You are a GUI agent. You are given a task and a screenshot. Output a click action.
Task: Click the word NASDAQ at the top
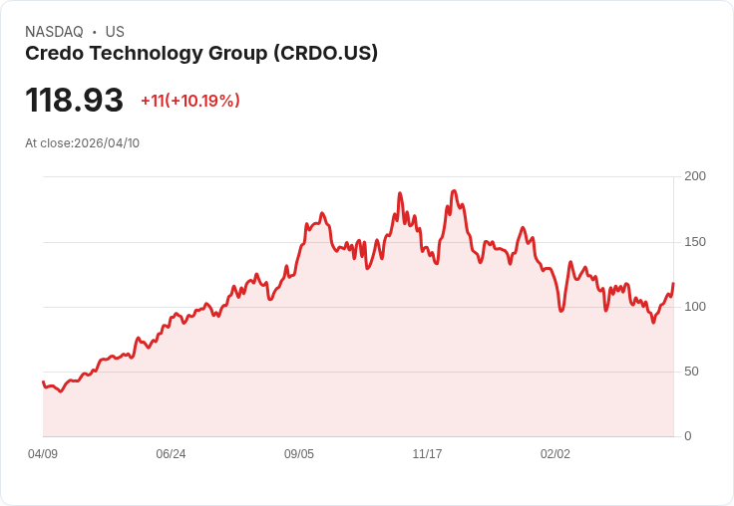[54, 32]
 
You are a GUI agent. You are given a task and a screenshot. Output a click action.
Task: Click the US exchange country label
[115, 32]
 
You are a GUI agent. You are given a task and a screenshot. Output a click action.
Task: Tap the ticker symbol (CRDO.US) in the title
[325, 54]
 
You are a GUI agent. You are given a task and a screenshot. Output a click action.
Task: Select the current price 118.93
[74, 101]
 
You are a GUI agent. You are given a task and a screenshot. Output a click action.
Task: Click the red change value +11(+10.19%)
[189, 101]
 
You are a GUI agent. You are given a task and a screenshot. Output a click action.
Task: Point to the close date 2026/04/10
[107, 143]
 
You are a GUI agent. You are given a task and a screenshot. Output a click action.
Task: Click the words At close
[48, 143]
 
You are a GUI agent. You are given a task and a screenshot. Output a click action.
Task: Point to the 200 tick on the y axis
[695, 176]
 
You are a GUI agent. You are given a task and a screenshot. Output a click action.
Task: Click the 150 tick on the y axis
[695, 242]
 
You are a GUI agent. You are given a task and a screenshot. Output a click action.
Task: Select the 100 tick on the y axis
[695, 307]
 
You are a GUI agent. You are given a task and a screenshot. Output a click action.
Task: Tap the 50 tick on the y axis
[691, 372]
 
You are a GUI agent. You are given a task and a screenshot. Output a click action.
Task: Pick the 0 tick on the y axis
[688, 436]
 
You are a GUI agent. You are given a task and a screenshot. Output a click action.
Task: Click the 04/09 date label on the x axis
[43, 454]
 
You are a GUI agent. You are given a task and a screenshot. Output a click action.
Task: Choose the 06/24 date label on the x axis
[171, 454]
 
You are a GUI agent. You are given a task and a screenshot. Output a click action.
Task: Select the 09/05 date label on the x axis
[299, 454]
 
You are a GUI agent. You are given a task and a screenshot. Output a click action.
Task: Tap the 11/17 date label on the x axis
[427, 454]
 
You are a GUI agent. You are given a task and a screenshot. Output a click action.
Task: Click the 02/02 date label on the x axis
[555, 454]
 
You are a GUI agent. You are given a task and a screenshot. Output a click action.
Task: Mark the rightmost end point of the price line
[673, 284]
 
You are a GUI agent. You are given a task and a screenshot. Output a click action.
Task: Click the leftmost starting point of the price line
[43, 381]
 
